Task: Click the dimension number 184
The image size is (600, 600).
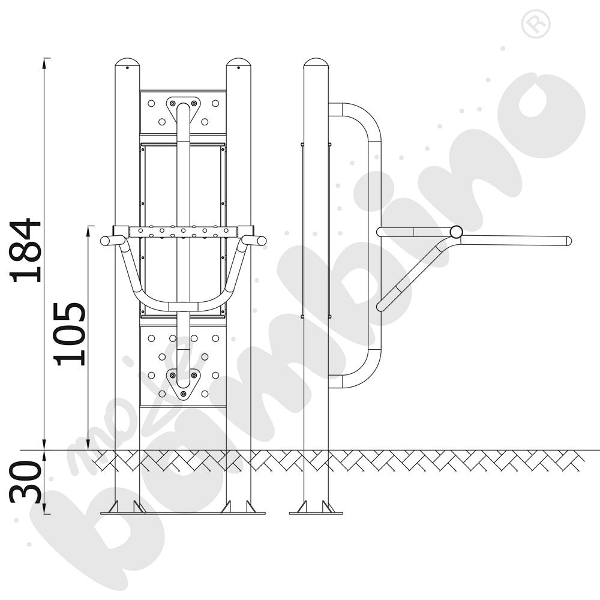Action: click(x=26, y=251)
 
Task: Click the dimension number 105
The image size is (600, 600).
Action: click(x=70, y=334)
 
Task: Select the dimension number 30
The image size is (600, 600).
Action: click(x=25, y=482)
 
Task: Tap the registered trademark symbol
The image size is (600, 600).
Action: click(x=536, y=24)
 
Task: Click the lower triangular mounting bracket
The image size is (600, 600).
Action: click(x=183, y=383)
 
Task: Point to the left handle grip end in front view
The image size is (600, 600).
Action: click(x=104, y=241)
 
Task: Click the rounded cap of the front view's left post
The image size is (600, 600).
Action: click(x=127, y=62)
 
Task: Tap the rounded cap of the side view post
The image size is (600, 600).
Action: click(x=316, y=62)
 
